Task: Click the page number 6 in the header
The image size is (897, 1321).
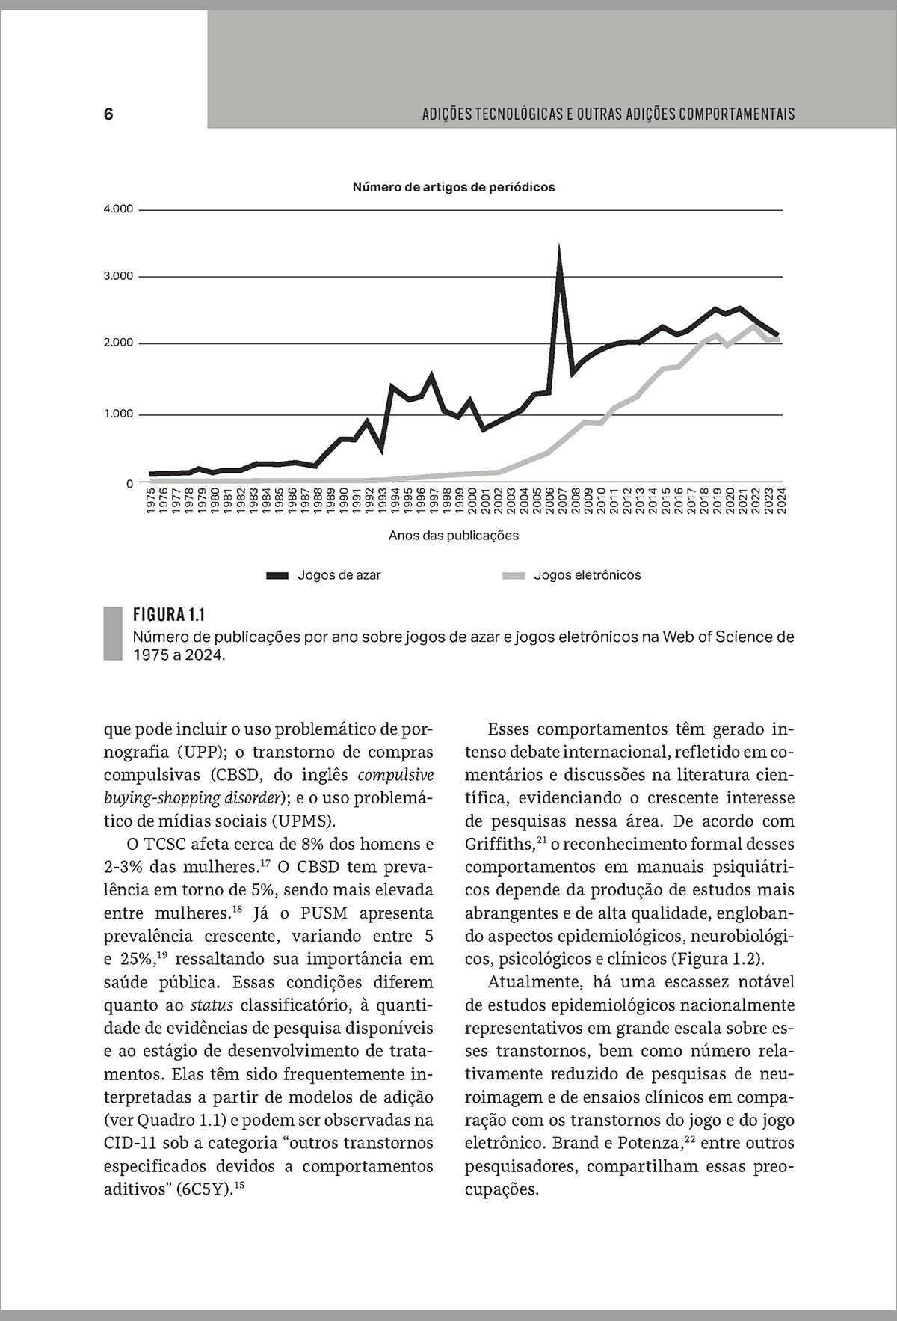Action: [x=108, y=114]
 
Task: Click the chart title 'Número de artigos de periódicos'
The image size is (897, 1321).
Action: [x=454, y=187]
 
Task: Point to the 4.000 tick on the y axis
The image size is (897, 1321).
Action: [x=118, y=209]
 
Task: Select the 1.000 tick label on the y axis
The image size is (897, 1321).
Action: [x=118, y=414]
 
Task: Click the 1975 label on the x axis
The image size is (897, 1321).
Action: [x=151, y=500]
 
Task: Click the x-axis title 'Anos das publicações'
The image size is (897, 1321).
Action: [x=454, y=536]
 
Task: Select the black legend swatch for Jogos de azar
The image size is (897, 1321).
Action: [x=277, y=575]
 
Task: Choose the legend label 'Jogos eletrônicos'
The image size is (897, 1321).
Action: [x=588, y=575]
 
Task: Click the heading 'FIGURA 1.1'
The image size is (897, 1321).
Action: [x=169, y=615]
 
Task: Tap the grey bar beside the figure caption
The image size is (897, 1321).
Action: [x=112, y=634]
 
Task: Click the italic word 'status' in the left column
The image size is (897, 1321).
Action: [x=212, y=1005]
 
